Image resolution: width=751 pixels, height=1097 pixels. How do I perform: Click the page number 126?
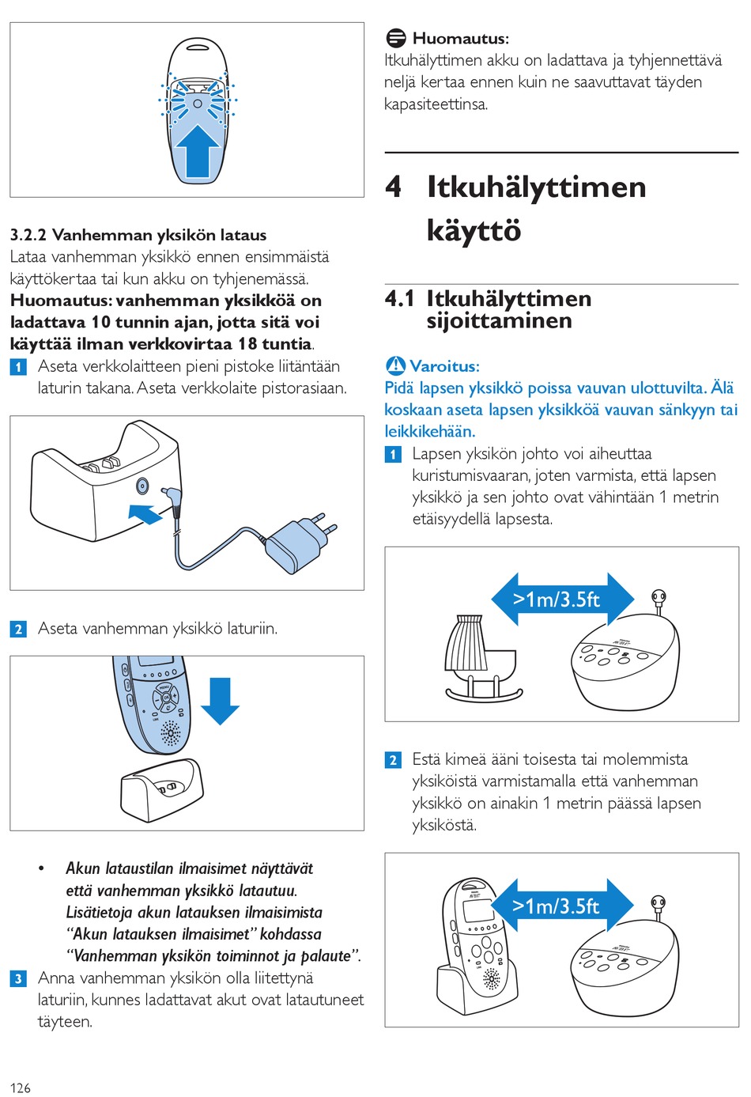pyautogui.click(x=20, y=1088)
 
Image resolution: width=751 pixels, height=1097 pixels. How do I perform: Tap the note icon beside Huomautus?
pyautogui.click(x=395, y=38)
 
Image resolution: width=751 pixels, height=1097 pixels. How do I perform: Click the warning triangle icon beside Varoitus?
pyautogui.click(x=395, y=365)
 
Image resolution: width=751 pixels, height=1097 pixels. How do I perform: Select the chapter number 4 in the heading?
pyautogui.click(x=394, y=187)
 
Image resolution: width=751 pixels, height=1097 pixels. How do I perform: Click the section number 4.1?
pyautogui.click(x=399, y=299)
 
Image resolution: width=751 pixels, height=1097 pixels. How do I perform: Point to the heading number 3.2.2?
pyautogui.click(x=28, y=235)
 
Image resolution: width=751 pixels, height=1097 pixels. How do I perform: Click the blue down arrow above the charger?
pyautogui.click(x=220, y=701)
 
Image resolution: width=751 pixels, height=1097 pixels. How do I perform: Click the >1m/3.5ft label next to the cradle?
pyautogui.click(x=557, y=600)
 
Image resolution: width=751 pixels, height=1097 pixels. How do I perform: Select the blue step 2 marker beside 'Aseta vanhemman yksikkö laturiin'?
pyautogui.click(x=18, y=629)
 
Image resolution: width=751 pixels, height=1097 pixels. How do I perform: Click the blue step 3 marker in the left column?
pyautogui.click(x=18, y=978)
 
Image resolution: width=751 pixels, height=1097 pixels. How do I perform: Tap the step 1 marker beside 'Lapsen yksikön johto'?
pyautogui.click(x=393, y=454)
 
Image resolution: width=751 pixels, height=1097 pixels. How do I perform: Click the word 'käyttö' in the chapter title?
pyautogui.click(x=474, y=230)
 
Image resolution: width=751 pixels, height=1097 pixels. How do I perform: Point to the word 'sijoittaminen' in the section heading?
pyautogui.click(x=499, y=321)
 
